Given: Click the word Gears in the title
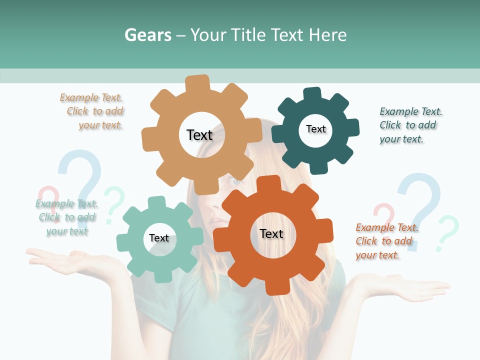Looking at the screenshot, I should click(x=148, y=35).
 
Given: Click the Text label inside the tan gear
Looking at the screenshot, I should click(x=199, y=135).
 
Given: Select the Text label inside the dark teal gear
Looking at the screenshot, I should click(x=315, y=129).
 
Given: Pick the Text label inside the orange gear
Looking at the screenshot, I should click(x=271, y=233).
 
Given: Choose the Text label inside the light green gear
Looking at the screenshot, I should click(x=159, y=238).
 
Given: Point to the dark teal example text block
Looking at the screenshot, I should click(x=410, y=125).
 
